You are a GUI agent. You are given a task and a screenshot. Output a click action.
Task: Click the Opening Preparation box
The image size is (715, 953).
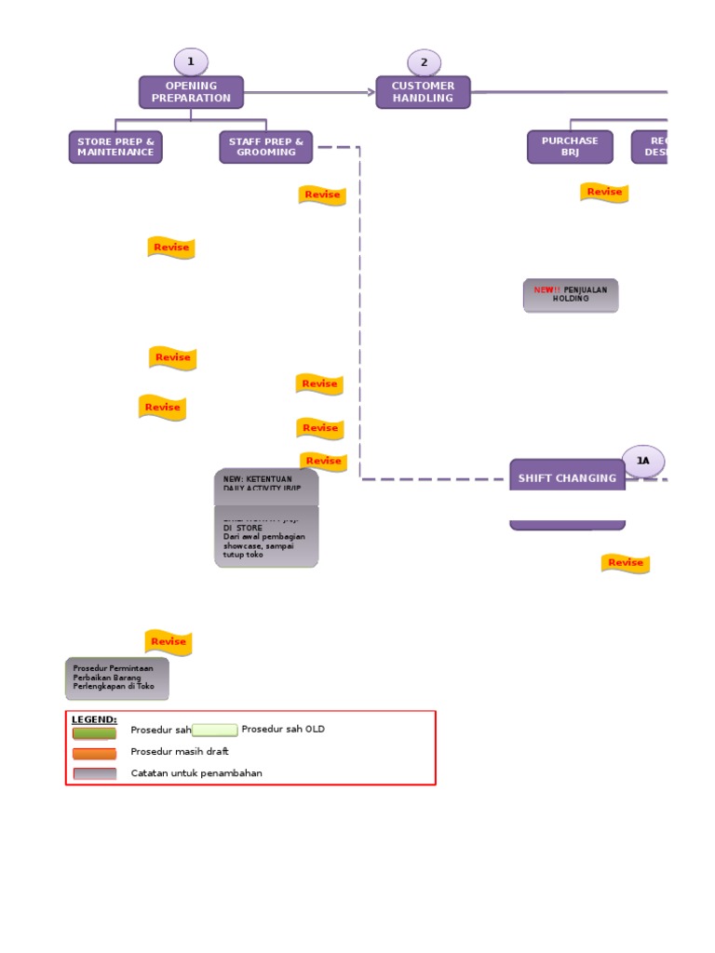pyautogui.click(x=191, y=92)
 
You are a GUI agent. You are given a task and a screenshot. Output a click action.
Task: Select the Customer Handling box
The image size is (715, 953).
pyautogui.click(x=423, y=92)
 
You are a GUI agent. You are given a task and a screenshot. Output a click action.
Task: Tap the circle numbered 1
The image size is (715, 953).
pyautogui.click(x=191, y=62)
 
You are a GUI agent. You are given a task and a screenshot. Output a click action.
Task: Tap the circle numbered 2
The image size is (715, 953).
pyautogui.click(x=424, y=62)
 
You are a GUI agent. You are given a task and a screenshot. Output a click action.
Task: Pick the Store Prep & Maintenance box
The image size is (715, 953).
pyautogui.click(x=115, y=147)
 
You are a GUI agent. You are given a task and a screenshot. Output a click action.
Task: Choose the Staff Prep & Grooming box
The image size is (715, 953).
pyautogui.click(x=266, y=147)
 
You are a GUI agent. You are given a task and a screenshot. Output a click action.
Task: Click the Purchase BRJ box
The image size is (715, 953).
pyautogui.click(x=570, y=147)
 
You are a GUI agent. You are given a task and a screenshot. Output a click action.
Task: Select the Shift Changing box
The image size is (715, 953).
pyautogui.click(x=567, y=478)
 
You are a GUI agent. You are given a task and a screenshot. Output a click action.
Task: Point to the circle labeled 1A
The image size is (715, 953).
pyautogui.click(x=643, y=460)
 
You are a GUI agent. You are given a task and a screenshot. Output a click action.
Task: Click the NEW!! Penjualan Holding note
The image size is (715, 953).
pyautogui.click(x=570, y=295)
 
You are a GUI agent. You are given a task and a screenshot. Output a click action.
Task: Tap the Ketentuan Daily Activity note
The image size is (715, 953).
pyautogui.click(x=266, y=485)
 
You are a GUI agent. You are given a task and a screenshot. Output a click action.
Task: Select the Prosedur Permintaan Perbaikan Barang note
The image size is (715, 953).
pyautogui.click(x=117, y=678)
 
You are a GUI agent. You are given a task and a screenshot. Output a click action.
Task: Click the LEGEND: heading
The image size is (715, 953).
pyautogui.click(x=95, y=719)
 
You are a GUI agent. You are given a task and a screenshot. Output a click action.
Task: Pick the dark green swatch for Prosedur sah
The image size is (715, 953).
pyautogui.click(x=95, y=732)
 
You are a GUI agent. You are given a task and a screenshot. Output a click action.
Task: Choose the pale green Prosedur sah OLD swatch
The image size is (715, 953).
pyautogui.click(x=214, y=730)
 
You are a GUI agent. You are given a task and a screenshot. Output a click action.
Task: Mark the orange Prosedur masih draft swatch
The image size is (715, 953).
pyautogui.click(x=95, y=753)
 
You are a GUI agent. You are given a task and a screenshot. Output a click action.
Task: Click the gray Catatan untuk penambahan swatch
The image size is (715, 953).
pyautogui.click(x=95, y=773)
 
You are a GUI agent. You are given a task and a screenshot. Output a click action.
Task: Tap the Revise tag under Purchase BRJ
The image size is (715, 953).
pyautogui.click(x=604, y=193)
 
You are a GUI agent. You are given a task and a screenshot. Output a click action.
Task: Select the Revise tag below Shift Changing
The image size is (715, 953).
pyautogui.click(x=625, y=563)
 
